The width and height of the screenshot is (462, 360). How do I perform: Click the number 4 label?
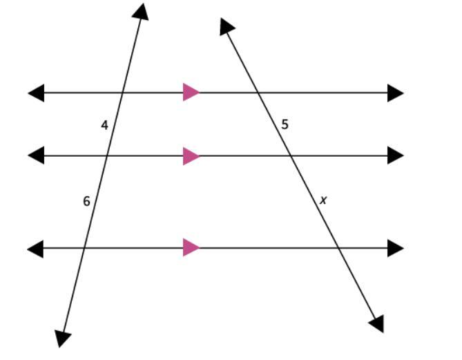(x=104, y=125)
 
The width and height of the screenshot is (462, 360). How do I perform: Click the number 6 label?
(x=86, y=201)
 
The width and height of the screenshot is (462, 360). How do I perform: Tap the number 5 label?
(x=285, y=125)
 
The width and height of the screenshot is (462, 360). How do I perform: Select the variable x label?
(x=323, y=200)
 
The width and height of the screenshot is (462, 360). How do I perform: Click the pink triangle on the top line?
(x=191, y=92)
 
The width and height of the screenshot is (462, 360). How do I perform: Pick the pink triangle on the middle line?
(x=191, y=155)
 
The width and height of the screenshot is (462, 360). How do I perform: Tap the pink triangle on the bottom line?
(x=191, y=247)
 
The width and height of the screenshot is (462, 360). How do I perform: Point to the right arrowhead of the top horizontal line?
(x=395, y=92)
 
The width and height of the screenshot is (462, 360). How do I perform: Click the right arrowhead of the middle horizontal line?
(x=395, y=155)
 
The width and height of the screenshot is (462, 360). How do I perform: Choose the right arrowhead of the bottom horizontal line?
(x=395, y=247)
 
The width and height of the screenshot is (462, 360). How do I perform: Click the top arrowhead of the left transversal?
(x=142, y=11)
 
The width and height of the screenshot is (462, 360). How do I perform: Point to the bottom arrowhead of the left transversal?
(x=63, y=338)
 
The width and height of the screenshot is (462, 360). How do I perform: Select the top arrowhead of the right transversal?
(x=227, y=26)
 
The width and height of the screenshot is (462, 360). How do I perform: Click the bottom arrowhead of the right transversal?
(x=376, y=323)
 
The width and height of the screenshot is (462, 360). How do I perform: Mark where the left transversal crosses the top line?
(x=122, y=92)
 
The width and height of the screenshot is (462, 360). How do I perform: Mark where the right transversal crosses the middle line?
(x=291, y=155)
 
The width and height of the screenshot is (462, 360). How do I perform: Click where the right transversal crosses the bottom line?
(x=338, y=247)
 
